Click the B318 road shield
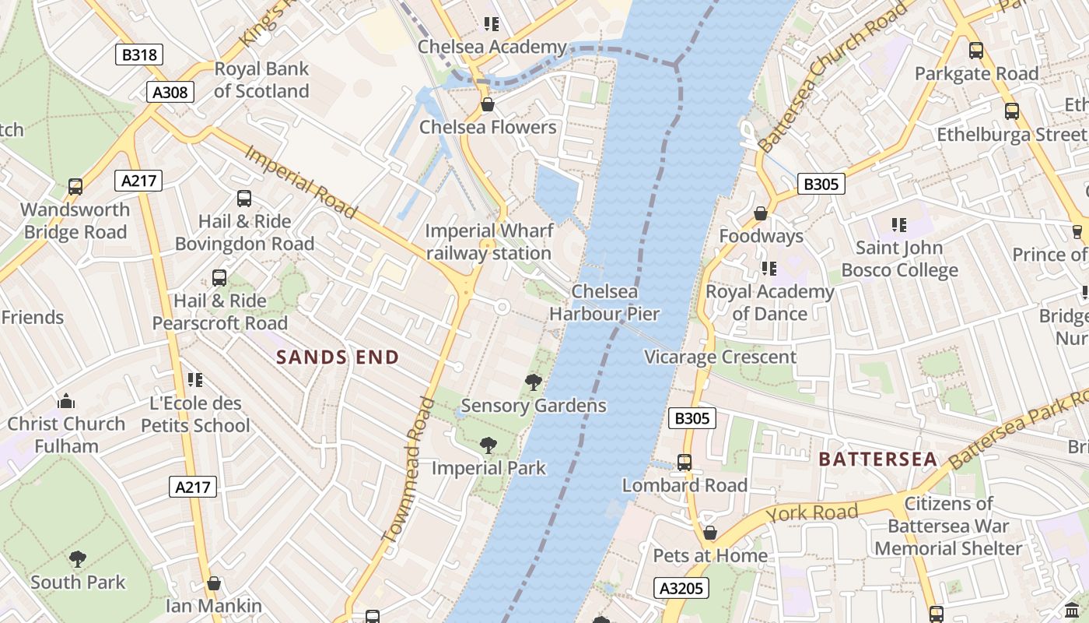pyautogui.click(x=140, y=55)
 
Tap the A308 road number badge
pyautogui.click(x=170, y=93)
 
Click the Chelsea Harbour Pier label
pyautogui.click(x=604, y=303)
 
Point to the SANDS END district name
pyautogui.click(x=338, y=357)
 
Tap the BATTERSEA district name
pyautogui.click(x=877, y=459)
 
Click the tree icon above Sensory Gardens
pyautogui.click(x=534, y=382)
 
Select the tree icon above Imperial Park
pyautogui.click(x=488, y=445)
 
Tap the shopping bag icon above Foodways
pyautogui.click(x=761, y=213)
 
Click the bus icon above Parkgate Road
pyautogui.click(x=975, y=51)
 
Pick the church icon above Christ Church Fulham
pyautogui.click(x=66, y=401)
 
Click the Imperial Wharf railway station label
pyautogui.click(x=489, y=242)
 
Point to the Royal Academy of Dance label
pyautogui.click(x=769, y=302)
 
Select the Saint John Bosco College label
pyautogui.click(x=899, y=259)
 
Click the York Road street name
pyautogui.click(x=812, y=512)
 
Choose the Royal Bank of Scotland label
pyautogui.click(x=261, y=80)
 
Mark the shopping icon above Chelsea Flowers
pyautogui.click(x=488, y=104)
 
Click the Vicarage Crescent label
pyautogui.click(x=720, y=357)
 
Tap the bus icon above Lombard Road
pyautogui.click(x=685, y=463)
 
